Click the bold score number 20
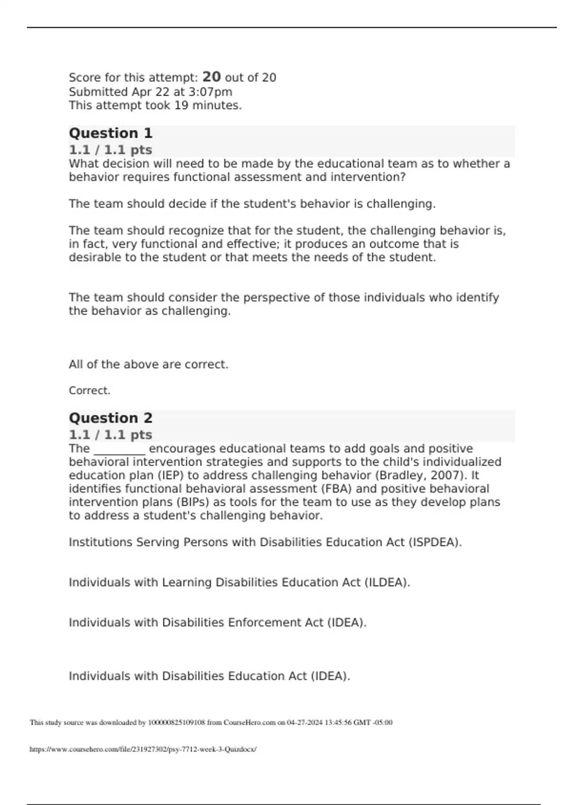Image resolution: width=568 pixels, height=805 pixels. pyautogui.click(x=211, y=77)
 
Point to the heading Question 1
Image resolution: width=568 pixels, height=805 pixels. pyautogui.click(x=111, y=133)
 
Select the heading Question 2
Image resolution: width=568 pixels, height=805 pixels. pyautogui.click(x=111, y=418)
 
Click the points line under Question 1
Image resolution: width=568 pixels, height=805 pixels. pyautogui.click(x=110, y=150)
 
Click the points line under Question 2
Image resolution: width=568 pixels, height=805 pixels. pyautogui.click(x=110, y=435)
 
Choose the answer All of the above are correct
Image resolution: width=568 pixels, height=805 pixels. pyautogui.click(x=149, y=365)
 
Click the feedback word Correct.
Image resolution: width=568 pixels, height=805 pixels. pyautogui.click(x=89, y=391)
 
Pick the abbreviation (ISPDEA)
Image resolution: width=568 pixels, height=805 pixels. pyautogui.click(x=435, y=543)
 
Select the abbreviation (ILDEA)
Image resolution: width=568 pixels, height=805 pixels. pyautogui.click(x=387, y=582)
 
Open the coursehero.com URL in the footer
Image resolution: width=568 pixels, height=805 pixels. pyautogui.click(x=143, y=750)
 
